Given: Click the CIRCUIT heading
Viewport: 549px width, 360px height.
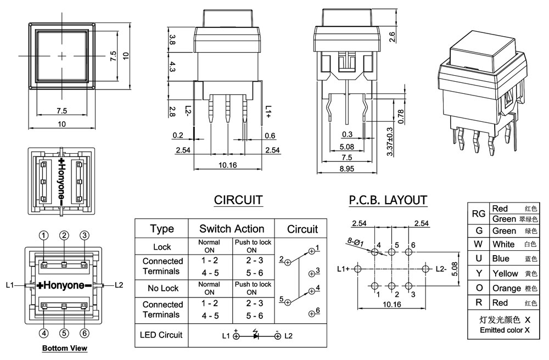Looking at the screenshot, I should (238, 200).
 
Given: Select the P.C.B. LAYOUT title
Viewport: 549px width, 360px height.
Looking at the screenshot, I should (388, 200).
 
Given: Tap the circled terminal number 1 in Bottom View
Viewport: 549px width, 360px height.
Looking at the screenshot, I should (43, 235).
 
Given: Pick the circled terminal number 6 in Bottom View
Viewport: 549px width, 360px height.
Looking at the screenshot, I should (85, 333).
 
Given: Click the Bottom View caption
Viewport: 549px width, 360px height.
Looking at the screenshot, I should (65, 348).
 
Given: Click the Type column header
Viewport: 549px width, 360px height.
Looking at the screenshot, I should (162, 229).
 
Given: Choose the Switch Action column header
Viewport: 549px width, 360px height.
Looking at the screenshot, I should (231, 229).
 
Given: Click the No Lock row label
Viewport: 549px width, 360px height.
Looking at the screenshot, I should (162, 288).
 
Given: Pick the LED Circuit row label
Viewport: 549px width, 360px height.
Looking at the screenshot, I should (161, 334).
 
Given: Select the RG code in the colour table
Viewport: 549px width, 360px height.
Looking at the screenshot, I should (478, 214).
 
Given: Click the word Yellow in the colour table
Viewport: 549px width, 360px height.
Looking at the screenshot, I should (505, 273).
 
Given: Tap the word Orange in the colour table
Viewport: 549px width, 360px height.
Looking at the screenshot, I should (507, 288).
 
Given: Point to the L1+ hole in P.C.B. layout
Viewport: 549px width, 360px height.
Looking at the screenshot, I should (358, 269).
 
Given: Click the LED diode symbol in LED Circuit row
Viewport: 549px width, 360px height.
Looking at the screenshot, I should (256, 335).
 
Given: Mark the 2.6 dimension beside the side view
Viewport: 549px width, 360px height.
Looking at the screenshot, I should (392, 37).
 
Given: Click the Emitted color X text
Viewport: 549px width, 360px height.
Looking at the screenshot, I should (505, 330).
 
